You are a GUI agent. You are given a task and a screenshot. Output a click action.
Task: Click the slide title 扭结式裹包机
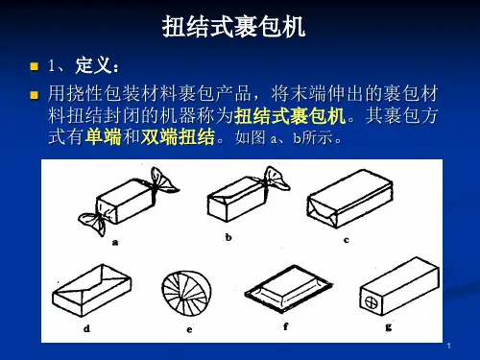[233, 27]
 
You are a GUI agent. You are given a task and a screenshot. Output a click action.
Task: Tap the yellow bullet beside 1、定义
[34, 66]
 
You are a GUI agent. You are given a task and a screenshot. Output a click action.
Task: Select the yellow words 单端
[104, 137]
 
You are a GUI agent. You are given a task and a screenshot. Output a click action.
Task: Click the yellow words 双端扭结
[178, 137]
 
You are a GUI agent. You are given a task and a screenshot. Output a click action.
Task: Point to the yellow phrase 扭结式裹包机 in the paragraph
[290, 115]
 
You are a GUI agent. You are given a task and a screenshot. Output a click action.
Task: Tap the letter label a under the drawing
[115, 243]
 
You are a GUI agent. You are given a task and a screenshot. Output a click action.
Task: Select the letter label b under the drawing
[228, 237]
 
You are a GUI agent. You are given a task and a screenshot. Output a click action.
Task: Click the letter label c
[347, 240]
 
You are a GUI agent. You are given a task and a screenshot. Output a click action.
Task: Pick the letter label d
[86, 328]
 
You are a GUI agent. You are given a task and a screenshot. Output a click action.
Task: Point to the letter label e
[189, 329]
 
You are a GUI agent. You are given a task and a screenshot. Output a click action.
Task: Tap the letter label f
[286, 326]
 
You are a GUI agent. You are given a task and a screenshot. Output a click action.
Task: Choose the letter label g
[389, 327]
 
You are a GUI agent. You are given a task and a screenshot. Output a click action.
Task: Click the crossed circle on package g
[372, 301]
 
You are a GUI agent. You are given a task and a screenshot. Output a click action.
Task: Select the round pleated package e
[186, 293]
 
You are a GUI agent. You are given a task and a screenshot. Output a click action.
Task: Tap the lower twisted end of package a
[93, 222]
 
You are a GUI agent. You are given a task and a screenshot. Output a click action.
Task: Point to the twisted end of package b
[276, 180]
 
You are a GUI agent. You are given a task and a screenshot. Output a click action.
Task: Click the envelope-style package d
[92, 290]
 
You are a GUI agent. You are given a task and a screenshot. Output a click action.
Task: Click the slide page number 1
[449, 346]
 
